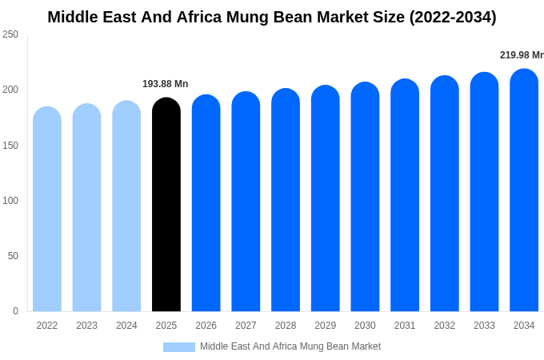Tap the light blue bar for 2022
pos(47,210)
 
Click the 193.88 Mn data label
pos(166,84)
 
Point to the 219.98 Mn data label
pos(521,55)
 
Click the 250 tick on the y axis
pos(10,34)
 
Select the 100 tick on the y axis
pos(10,201)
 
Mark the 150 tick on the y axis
pos(10,146)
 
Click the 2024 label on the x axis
pos(126,326)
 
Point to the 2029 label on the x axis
pos(326,326)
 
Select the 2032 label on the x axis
pos(445,326)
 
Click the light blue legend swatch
pos(179,347)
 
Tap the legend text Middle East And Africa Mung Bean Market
pos(290,346)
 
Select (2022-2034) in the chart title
pos(453,17)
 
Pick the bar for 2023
pos(87,208)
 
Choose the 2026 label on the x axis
pos(206,326)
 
